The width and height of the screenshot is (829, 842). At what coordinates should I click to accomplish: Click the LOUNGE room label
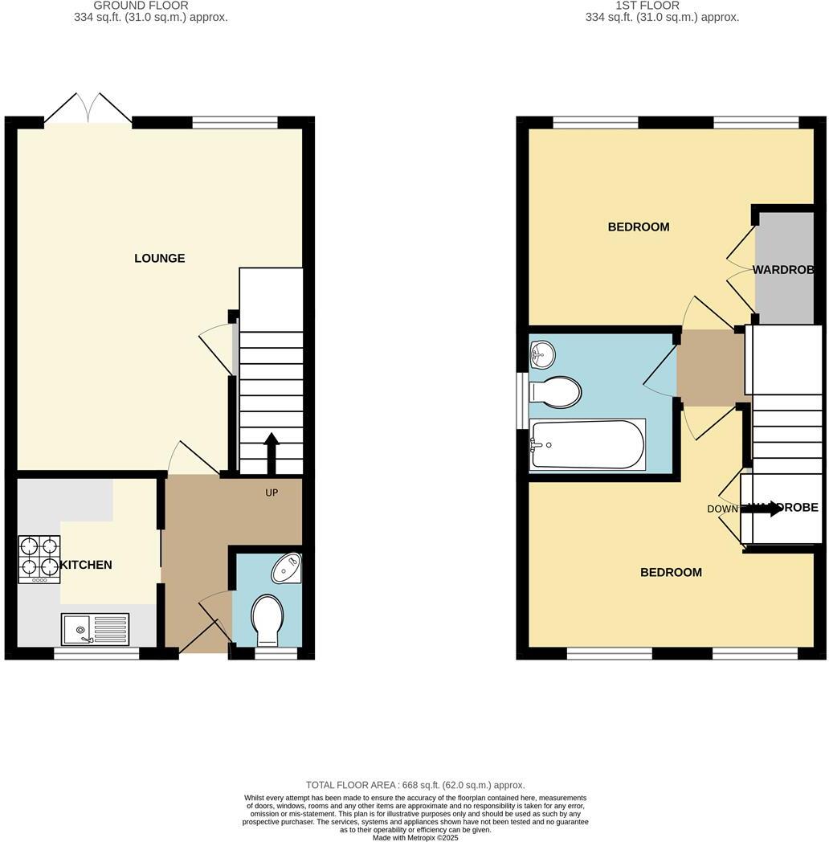point(159,258)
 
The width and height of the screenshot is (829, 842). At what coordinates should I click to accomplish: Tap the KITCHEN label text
point(86,565)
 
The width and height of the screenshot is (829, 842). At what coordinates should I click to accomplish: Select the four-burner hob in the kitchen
point(39,559)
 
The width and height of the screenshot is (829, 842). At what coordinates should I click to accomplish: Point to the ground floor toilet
point(267,619)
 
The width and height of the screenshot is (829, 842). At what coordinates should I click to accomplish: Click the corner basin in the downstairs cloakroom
point(285,569)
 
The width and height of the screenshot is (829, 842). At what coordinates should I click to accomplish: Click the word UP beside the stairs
point(272,493)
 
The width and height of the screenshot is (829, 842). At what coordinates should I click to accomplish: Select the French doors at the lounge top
point(88,109)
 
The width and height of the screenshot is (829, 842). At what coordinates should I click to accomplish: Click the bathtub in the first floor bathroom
point(588,444)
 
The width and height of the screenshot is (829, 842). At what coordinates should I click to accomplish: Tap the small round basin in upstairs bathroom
point(542,352)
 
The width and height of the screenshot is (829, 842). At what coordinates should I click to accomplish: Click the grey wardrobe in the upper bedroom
point(784,268)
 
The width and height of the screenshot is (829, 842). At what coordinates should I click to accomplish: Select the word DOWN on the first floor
point(722,509)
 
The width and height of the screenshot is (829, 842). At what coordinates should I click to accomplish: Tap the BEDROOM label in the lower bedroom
point(671,572)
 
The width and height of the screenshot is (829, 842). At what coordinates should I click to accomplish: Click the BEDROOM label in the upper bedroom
point(639,227)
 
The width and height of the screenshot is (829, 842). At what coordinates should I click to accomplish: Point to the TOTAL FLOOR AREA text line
point(415,785)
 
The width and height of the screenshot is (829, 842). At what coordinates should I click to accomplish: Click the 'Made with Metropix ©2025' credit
point(415,837)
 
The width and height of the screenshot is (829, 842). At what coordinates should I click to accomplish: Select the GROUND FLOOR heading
point(141,6)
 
